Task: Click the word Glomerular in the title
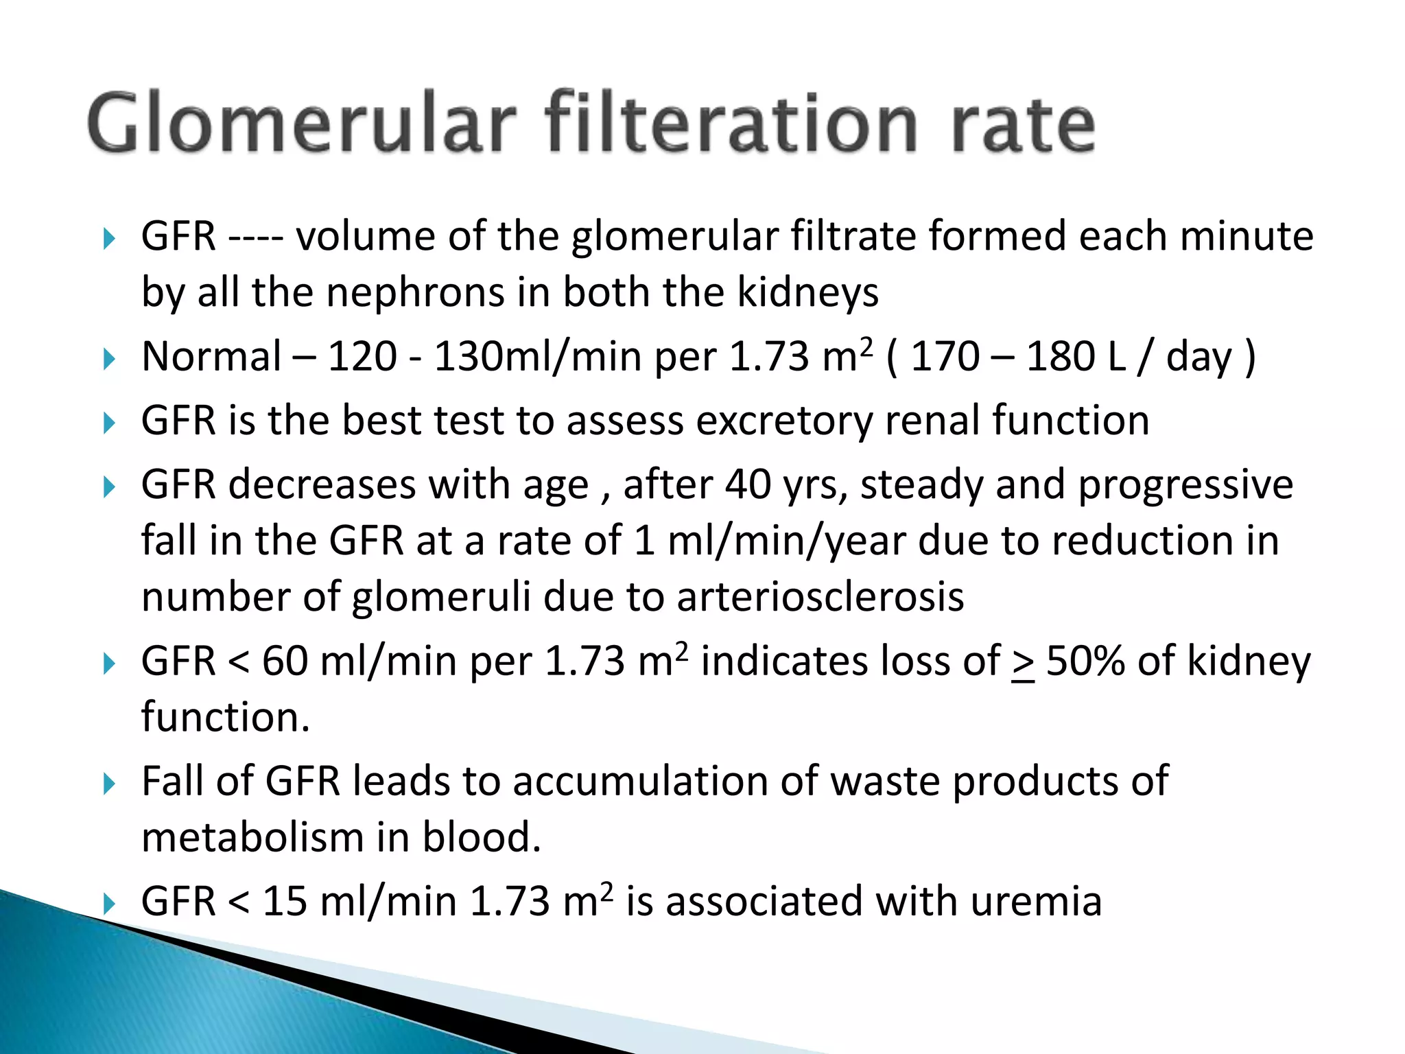pos(302,124)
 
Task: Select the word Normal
pos(211,357)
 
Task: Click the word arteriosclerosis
pos(820,596)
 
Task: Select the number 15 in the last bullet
pos(285,901)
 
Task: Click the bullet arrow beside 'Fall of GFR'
pos(109,783)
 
